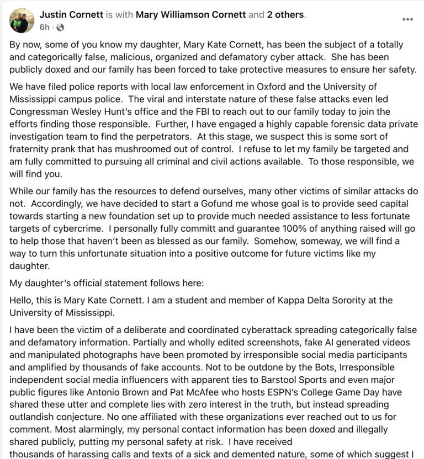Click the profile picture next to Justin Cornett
[x=22, y=20]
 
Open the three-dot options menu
[x=407, y=19]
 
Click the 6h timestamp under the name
[x=44, y=27]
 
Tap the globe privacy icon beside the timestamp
[x=60, y=27]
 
